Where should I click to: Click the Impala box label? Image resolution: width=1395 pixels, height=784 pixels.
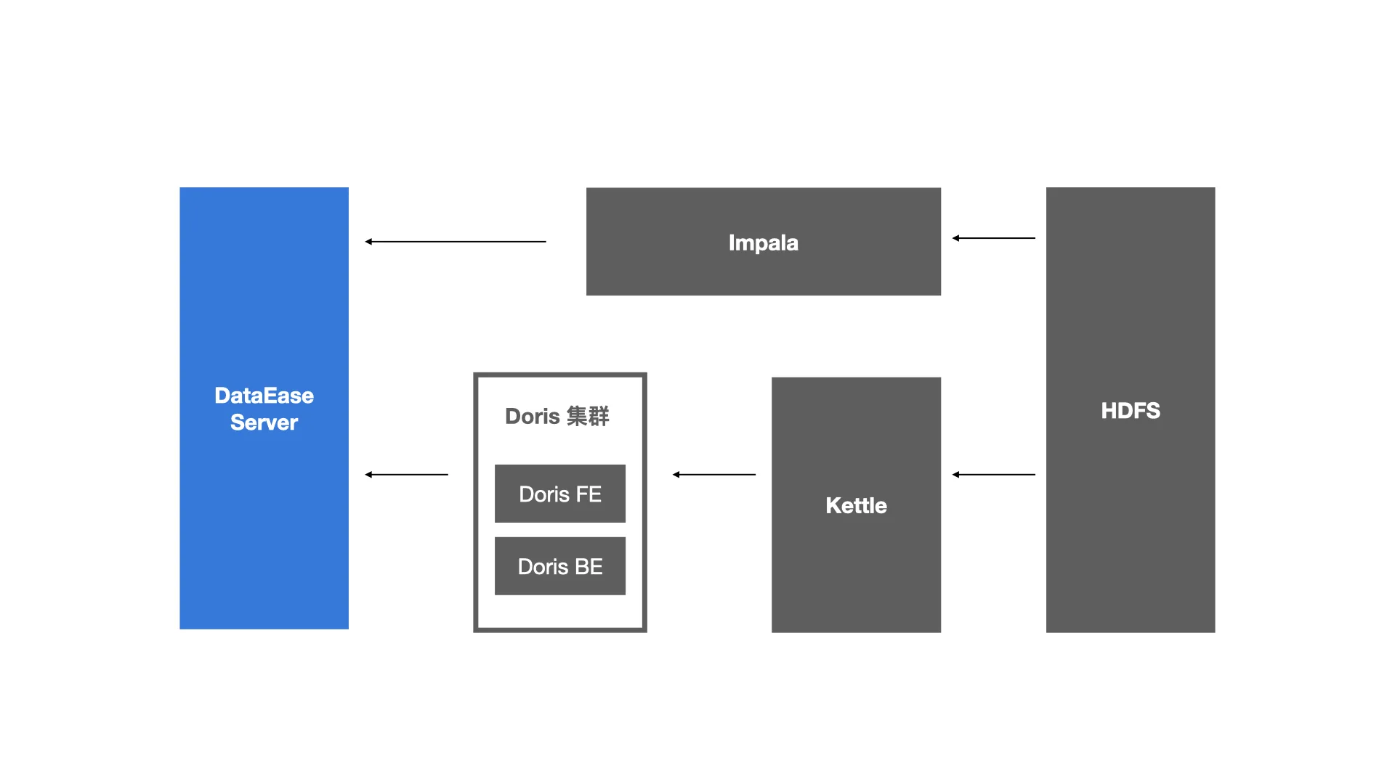click(763, 243)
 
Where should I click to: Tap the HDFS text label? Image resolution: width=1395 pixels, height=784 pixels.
click(1131, 411)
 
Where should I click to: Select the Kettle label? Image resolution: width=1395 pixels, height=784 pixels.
click(856, 505)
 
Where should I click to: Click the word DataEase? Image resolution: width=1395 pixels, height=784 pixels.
click(264, 396)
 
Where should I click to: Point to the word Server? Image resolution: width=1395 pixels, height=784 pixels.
click(264, 422)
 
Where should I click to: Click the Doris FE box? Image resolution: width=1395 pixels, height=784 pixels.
click(560, 494)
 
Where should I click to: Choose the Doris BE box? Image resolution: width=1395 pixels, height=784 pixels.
click(560, 566)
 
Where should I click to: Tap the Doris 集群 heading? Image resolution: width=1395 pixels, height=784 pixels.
click(557, 416)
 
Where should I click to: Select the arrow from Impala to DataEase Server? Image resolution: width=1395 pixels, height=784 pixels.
click(456, 242)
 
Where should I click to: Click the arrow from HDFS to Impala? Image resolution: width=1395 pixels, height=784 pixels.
click(994, 238)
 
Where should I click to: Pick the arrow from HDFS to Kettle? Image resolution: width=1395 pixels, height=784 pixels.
click(994, 475)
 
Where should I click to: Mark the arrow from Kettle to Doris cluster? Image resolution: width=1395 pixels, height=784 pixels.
click(714, 475)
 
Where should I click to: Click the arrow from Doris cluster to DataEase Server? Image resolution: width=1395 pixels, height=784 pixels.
click(406, 475)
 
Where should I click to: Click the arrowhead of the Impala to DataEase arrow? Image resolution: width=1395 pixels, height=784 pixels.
click(368, 242)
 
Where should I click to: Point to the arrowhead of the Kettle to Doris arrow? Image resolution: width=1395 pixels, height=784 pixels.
click(676, 475)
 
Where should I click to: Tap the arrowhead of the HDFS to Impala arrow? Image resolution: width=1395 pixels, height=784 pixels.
click(955, 238)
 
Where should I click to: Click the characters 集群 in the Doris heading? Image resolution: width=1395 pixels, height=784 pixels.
click(588, 416)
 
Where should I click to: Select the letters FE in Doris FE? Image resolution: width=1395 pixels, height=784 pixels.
click(589, 494)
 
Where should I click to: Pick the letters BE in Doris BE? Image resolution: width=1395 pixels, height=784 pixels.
click(589, 567)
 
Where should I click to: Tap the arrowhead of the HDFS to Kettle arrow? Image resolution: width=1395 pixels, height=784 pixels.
click(955, 475)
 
